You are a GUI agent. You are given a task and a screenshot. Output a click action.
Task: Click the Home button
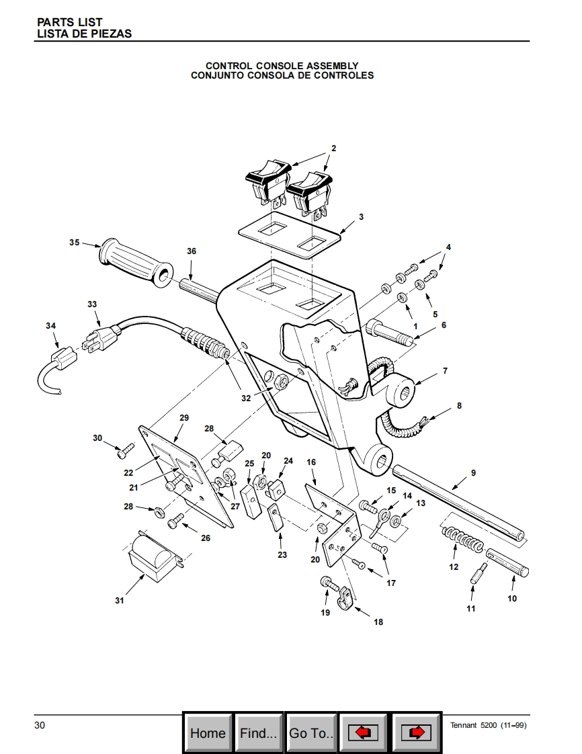[208, 733]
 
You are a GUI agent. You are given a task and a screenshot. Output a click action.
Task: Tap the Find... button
[258, 733]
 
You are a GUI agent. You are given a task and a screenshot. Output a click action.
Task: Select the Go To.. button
[310, 733]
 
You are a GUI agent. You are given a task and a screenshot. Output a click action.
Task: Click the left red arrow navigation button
[363, 733]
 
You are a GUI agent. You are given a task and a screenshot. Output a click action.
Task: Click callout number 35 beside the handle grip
[74, 243]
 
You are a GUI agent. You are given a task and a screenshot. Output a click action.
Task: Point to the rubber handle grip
[135, 262]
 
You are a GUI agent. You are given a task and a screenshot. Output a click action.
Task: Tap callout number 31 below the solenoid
[119, 600]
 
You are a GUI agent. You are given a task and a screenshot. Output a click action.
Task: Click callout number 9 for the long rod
[473, 472]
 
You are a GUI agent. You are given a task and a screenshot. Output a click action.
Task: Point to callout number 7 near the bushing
[445, 371]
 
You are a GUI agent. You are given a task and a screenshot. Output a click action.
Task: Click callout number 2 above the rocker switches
[334, 148]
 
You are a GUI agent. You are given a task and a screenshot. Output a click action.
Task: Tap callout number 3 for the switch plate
[361, 217]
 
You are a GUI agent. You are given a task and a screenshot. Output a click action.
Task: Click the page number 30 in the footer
[40, 725]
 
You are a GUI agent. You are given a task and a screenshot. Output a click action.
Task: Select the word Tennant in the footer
[463, 725]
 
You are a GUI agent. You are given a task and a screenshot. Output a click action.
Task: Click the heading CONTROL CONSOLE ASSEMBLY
[282, 65]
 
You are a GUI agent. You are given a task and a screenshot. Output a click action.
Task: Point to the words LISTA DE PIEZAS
[84, 34]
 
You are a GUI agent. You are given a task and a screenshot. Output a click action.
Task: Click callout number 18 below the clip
[378, 622]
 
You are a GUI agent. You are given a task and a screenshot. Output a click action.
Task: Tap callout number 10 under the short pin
[512, 598]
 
